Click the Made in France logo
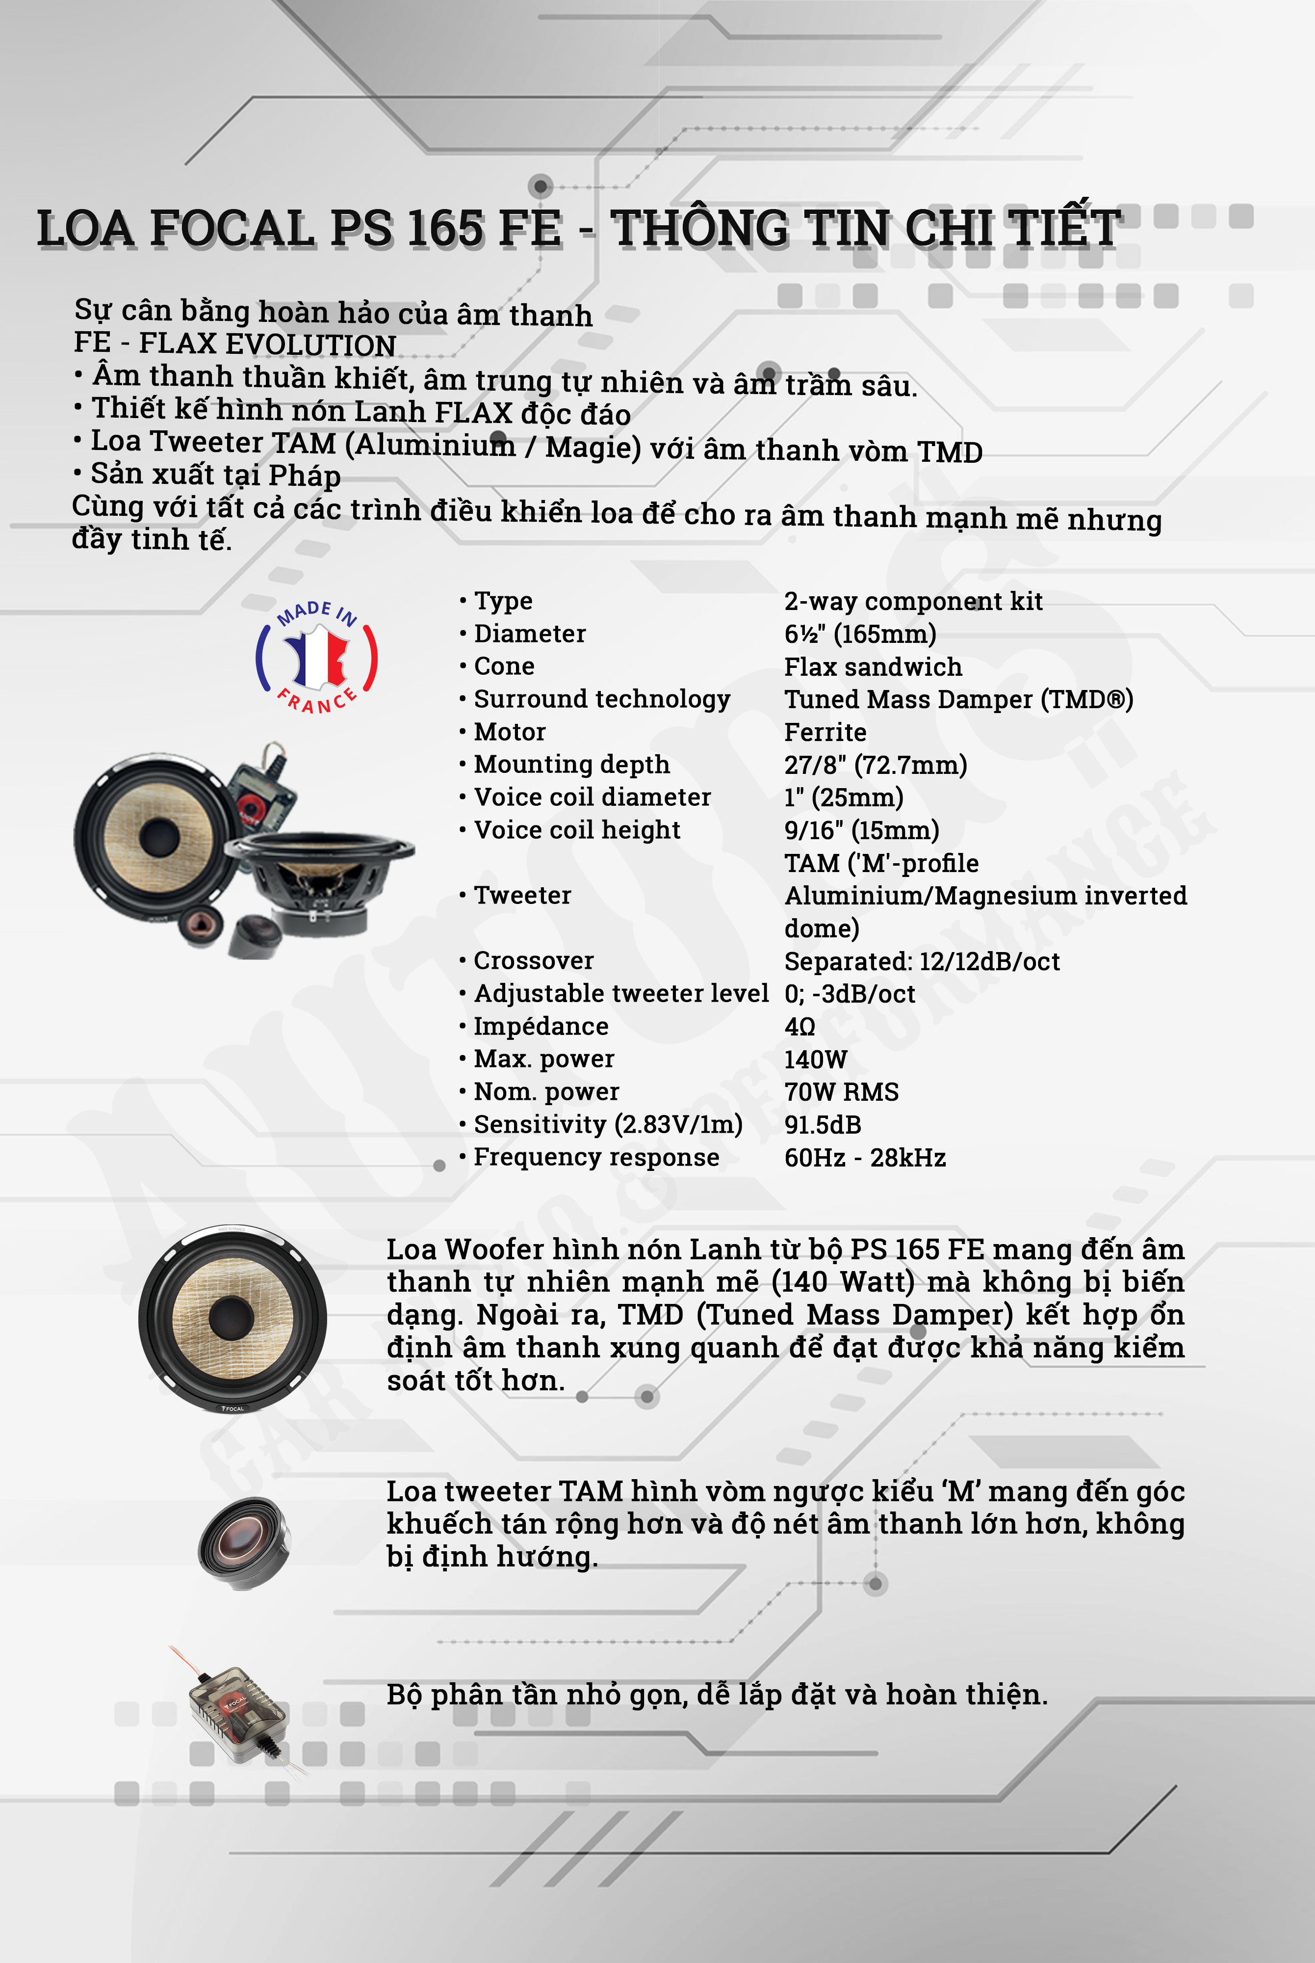coord(316,657)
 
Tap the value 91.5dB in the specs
coord(822,1125)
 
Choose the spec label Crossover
coord(533,960)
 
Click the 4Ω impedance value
coord(799,1027)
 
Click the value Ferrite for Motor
coord(825,732)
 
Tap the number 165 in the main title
coord(444,228)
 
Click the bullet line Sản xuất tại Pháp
coord(215,475)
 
